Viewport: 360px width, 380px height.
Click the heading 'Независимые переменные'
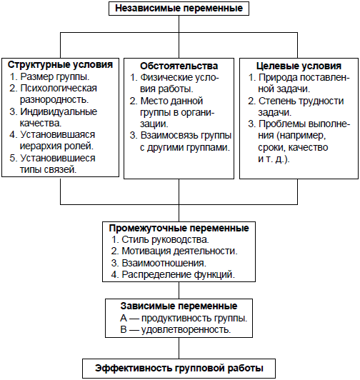click(x=179, y=9)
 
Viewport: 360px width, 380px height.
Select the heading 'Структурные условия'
click(x=61, y=65)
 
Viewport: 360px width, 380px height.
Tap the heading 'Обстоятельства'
click(x=179, y=66)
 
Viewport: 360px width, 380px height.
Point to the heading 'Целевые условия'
click(x=299, y=66)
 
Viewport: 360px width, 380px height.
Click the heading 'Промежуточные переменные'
click(x=179, y=228)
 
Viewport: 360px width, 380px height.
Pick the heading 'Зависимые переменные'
click(x=179, y=306)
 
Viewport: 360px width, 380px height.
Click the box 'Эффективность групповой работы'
click(x=179, y=369)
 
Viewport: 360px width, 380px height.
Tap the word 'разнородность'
click(x=54, y=100)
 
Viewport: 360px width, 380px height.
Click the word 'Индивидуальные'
click(x=59, y=111)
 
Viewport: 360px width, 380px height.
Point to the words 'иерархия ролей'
click(x=56, y=146)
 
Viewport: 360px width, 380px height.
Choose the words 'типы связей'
click(x=48, y=170)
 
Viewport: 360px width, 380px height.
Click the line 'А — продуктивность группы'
click(x=184, y=318)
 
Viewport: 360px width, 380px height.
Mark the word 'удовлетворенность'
click(x=186, y=329)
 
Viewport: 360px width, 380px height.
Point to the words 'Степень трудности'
click(x=301, y=101)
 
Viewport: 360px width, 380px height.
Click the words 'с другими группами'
click(x=185, y=148)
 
